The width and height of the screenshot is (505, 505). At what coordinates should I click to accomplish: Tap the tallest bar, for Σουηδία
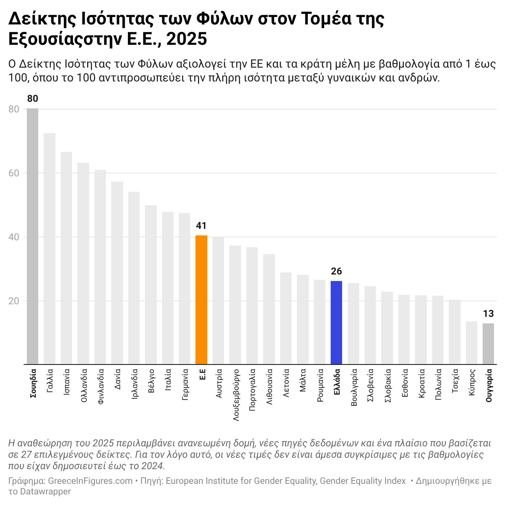click(33, 236)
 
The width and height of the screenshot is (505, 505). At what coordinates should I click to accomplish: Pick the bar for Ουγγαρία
click(488, 344)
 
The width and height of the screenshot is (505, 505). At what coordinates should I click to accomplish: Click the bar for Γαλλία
click(50, 248)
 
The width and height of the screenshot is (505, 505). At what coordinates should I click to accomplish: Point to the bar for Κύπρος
click(472, 343)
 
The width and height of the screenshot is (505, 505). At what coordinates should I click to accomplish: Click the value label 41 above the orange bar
click(201, 226)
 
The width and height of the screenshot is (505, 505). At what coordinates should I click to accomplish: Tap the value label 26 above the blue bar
click(336, 271)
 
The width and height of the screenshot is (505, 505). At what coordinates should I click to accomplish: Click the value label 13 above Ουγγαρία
click(488, 314)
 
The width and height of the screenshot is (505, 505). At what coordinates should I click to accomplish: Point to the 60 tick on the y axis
click(14, 173)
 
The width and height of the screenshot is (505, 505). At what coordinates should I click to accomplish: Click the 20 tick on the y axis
click(14, 301)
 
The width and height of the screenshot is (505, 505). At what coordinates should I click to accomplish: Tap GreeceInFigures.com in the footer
click(90, 481)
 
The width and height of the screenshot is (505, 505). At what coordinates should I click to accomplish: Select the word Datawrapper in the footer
click(45, 491)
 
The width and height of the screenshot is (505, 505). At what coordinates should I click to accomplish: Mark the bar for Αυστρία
click(218, 300)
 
